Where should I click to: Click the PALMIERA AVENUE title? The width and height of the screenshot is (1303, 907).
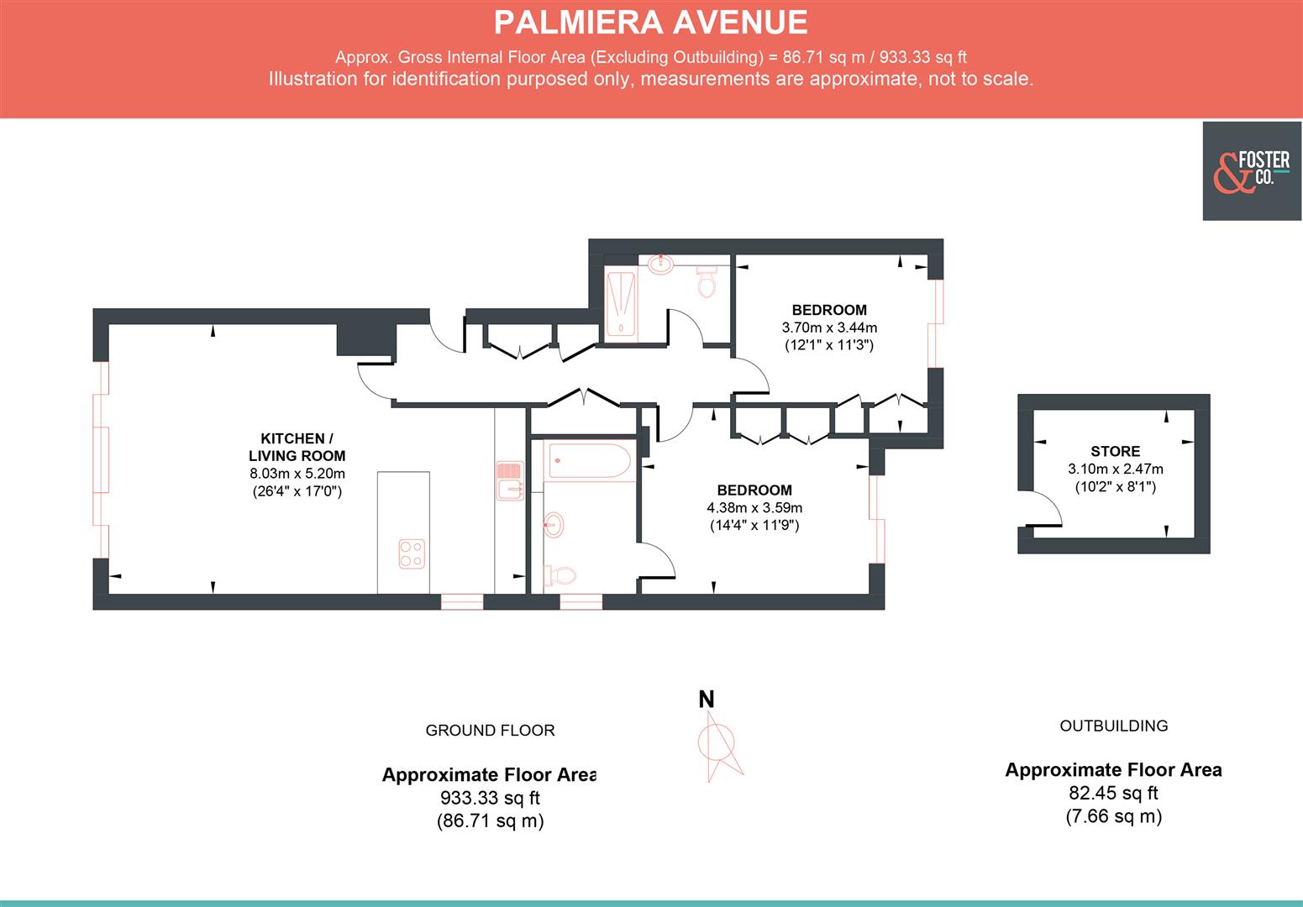click(650, 23)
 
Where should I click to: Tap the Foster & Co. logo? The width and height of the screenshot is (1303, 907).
click(1252, 171)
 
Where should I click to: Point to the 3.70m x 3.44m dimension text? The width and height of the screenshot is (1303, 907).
click(828, 328)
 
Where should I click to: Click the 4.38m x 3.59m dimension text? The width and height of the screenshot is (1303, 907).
click(754, 508)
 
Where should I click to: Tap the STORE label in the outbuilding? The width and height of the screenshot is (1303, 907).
click(1115, 451)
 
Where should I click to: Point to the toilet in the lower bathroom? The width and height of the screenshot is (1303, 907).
click(560, 576)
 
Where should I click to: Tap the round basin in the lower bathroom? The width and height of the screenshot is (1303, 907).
click(554, 526)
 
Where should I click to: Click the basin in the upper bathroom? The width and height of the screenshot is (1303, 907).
click(662, 263)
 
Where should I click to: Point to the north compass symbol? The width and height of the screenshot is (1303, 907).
click(717, 743)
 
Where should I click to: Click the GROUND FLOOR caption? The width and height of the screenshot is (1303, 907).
click(490, 731)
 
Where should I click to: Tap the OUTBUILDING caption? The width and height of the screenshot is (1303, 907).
click(1113, 726)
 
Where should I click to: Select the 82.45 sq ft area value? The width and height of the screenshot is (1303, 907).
click(1113, 793)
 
